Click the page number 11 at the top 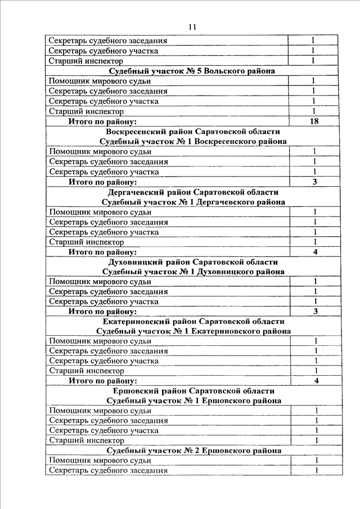click(x=192, y=26)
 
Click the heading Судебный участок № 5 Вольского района click(x=192, y=71)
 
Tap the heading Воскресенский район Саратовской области click(x=192, y=132)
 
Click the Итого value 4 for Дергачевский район click(x=315, y=252)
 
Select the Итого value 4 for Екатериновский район click(x=316, y=381)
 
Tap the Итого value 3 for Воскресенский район click(x=314, y=182)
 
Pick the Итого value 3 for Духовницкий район click(x=316, y=312)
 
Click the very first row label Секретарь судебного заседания click(x=108, y=41)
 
